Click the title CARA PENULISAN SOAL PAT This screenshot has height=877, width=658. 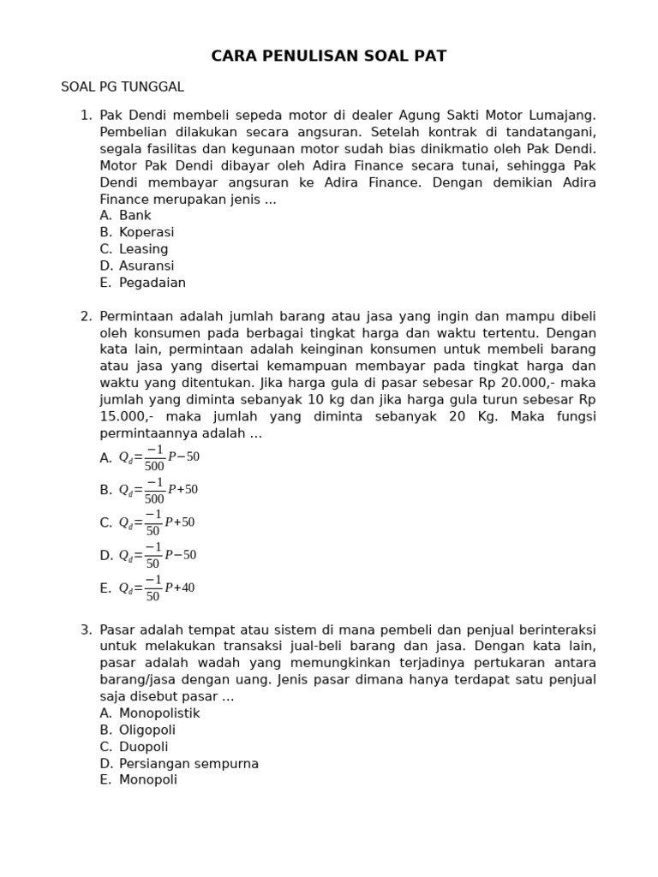pyautogui.click(x=329, y=57)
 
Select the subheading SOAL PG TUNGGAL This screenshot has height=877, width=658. pyautogui.click(x=123, y=87)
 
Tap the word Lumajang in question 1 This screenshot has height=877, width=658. pyautogui.click(x=558, y=115)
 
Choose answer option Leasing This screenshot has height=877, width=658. pyautogui.click(x=143, y=249)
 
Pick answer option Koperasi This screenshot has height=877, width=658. pyautogui.click(x=147, y=232)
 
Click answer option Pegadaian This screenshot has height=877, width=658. pyautogui.click(x=152, y=283)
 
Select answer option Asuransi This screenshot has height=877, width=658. pyautogui.click(x=147, y=265)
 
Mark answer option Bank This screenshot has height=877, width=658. pyautogui.click(x=135, y=216)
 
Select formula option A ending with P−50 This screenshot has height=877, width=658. pyautogui.click(x=159, y=457)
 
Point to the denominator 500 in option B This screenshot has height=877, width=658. pyautogui.click(x=154, y=498)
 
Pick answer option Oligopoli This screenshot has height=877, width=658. pyautogui.click(x=147, y=730)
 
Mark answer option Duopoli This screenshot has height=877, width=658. pyautogui.click(x=144, y=747)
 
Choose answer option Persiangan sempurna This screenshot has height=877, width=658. pyautogui.click(x=188, y=763)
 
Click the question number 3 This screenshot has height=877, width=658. pyautogui.click(x=86, y=629)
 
